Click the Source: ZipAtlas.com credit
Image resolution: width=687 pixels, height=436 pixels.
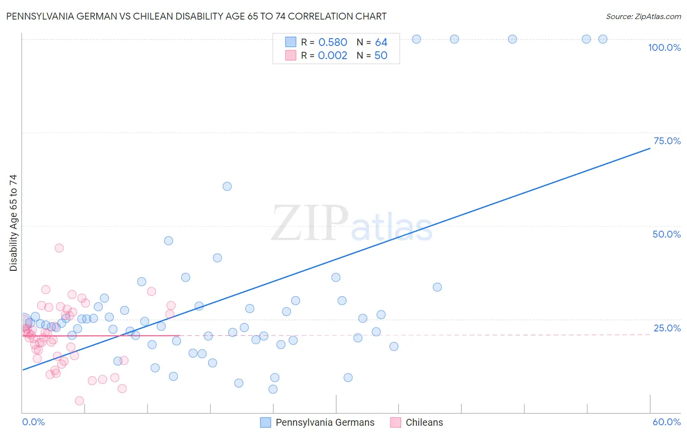pyautogui.click(x=643, y=17)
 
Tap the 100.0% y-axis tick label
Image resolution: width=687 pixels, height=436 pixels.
pyautogui.click(x=664, y=47)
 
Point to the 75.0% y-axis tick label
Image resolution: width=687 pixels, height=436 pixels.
pyautogui.click(x=667, y=141)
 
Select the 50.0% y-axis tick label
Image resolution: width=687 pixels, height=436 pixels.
pyautogui.click(x=666, y=234)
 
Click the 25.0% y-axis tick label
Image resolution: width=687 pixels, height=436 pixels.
pyautogui.click(x=667, y=328)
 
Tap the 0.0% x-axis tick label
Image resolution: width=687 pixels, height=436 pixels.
pyautogui.click(x=33, y=422)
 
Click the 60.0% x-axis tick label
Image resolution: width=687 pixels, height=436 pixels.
pyautogui.click(x=666, y=422)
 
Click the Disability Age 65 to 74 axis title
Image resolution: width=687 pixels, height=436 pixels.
pyautogui.click(x=13, y=223)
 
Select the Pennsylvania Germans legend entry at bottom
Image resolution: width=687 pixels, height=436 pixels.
pyautogui.click(x=325, y=422)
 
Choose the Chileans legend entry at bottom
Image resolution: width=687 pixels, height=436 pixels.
pyautogui.click(x=424, y=422)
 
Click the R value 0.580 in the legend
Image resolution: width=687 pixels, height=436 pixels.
pyautogui.click(x=333, y=43)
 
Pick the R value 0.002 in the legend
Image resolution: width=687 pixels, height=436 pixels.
pyautogui.click(x=333, y=56)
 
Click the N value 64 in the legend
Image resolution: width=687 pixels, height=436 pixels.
pyautogui.click(x=381, y=43)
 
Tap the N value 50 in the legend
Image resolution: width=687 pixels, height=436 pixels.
pyautogui.click(x=381, y=56)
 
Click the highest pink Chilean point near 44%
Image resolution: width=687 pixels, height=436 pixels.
pyautogui.click(x=59, y=248)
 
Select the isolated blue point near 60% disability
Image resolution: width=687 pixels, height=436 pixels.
pyautogui.click(x=227, y=186)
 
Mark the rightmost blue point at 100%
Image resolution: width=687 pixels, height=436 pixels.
pyautogui.click(x=603, y=39)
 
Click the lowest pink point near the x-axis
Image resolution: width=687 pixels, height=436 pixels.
pyautogui.click(x=79, y=401)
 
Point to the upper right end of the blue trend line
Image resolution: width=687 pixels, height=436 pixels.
pyautogui.click(x=650, y=148)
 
